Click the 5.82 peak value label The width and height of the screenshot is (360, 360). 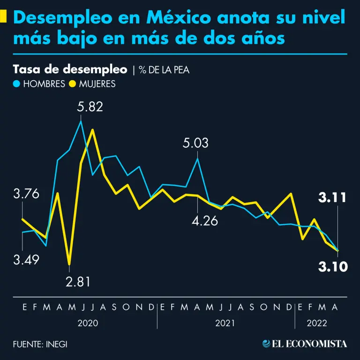click(x=90, y=106)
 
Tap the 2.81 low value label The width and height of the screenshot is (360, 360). click(x=78, y=282)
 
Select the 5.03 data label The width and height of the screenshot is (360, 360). click(x=195, y=143)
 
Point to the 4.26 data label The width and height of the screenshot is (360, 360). click(x=205, y=220)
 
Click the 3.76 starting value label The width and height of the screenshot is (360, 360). click(x=26, y=194)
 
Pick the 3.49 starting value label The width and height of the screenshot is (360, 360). click(x=26, y=260)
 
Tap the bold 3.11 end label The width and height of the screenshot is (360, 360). click(x=332, y=198)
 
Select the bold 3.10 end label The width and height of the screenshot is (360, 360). click(x=333, y=267)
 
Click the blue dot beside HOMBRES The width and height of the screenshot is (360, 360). click(x=17, y=84)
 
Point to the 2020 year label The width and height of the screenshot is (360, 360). click(x=88, y=323)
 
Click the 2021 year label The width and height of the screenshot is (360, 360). click(x=225, y=323)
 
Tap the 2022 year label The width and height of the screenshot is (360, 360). click(x=317, y=323)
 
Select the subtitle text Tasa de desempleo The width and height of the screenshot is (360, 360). click(x=70, y=70)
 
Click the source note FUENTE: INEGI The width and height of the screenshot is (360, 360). click(x=40, y=344)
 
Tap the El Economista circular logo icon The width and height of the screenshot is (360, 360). click(x=266, y=344)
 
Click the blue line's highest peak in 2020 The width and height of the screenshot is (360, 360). click(x=81, y=121)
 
